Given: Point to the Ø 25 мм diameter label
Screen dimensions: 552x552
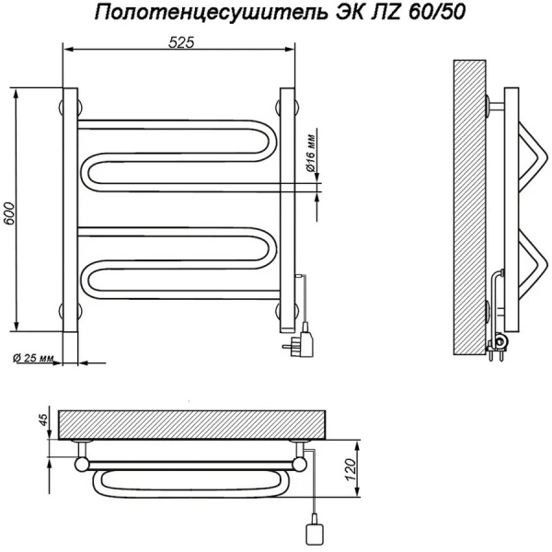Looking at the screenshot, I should click(34, 358).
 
